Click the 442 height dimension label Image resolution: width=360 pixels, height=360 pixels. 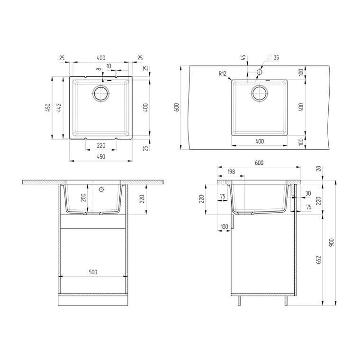point(59,108)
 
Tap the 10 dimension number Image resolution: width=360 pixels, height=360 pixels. point(109,66)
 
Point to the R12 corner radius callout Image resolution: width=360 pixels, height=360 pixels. point(223,74)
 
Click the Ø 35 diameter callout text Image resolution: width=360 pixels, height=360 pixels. point(273,57)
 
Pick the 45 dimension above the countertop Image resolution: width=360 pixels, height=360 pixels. point(243,57)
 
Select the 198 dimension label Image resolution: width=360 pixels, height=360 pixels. point(231,172)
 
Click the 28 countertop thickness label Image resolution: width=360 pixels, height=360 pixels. point(319,169)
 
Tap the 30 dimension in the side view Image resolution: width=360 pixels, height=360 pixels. point(308,193)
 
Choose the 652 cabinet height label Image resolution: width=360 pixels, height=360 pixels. point(319,260)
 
